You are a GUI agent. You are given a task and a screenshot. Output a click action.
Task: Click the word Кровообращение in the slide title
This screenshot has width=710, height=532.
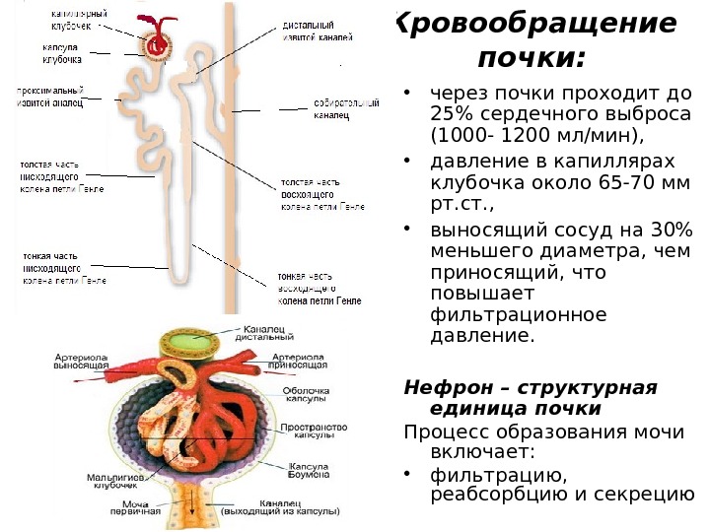pos(537,24)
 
